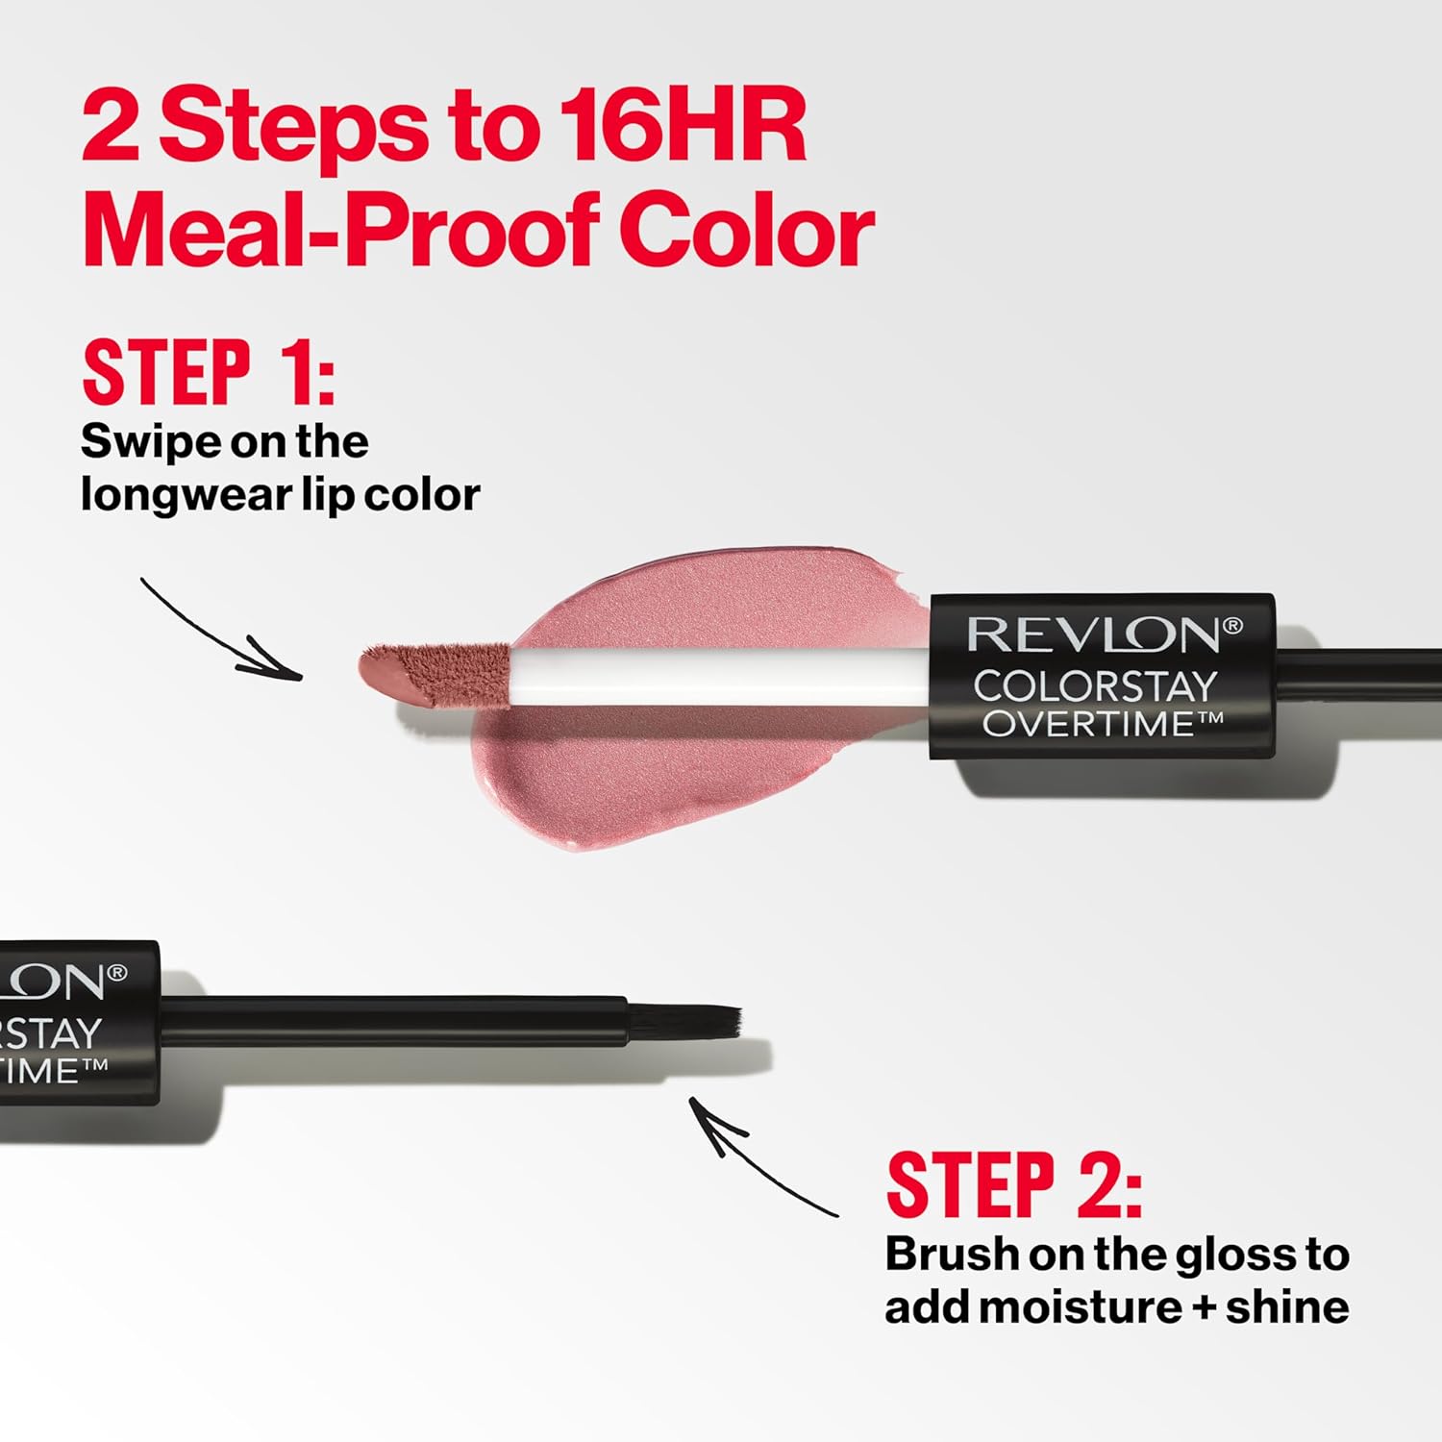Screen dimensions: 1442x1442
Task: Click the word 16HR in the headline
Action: point(682,126)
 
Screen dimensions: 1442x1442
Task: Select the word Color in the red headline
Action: point(746,231)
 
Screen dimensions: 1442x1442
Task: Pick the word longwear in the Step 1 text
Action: point(183,495)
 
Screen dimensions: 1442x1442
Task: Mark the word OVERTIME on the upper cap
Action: point(1089,724)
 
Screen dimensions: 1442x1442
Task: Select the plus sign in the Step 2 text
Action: point(1202,1308)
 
